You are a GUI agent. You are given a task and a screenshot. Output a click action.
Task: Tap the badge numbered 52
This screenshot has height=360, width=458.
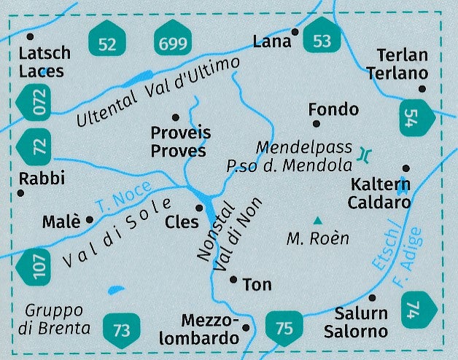click(106, 44)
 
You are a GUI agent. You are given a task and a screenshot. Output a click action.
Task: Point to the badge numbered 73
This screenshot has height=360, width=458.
click(121, 329)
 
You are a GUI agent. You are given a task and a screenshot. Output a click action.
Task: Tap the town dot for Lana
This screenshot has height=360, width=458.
click(295, 32)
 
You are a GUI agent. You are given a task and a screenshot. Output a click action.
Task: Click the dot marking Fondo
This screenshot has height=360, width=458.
click(317, 124)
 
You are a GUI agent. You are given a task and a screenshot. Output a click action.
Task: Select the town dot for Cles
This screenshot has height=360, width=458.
click(198, 208)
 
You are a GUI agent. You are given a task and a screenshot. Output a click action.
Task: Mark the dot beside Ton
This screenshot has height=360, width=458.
click(233, 279)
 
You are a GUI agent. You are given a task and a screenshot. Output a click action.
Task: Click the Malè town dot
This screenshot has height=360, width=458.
click(90, 219)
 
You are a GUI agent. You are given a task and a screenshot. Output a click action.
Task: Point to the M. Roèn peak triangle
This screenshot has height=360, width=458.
click(317, 221)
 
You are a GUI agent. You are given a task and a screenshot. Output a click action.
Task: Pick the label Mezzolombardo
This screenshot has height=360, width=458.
click(210, 329)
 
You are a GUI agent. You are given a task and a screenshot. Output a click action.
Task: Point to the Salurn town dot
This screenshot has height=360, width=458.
click(373, 297)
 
